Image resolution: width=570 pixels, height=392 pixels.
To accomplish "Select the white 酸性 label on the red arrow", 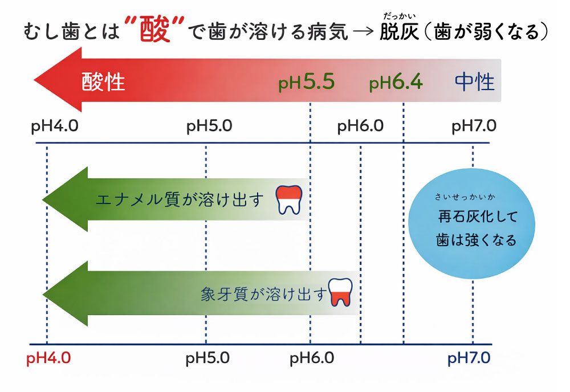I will coord(103,83).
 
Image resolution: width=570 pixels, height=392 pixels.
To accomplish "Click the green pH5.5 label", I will coord(306,83).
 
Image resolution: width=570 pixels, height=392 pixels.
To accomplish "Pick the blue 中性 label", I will coord(475,83).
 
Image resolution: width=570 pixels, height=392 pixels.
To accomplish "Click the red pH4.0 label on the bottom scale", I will coord(48,358).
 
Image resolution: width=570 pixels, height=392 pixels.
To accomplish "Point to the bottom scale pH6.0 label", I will coord(312,358).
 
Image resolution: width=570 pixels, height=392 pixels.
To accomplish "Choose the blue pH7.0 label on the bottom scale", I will coord(469,358).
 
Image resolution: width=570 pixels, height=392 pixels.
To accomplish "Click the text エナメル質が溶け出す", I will coord(181,200).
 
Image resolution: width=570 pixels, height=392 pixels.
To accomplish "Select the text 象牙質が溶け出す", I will coord(265,294).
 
